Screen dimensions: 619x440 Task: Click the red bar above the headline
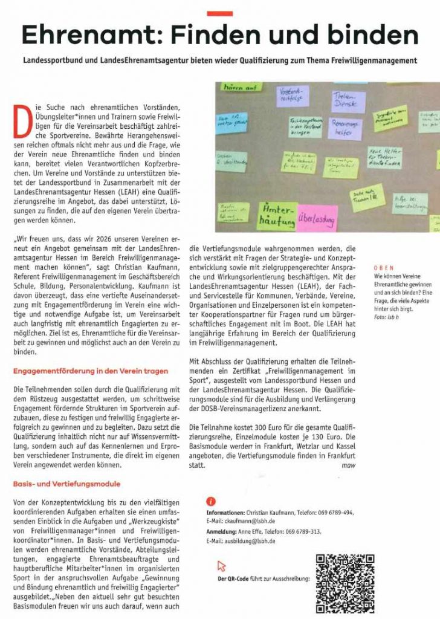tap(219, 13)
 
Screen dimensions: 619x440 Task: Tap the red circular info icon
tap(210, 501)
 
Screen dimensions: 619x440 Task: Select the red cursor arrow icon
tap(221, 566)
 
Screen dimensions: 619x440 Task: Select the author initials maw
tap(349, 466)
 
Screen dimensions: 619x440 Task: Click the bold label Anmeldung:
tap(224, 531)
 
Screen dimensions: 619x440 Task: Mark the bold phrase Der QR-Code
tap(235, 578)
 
